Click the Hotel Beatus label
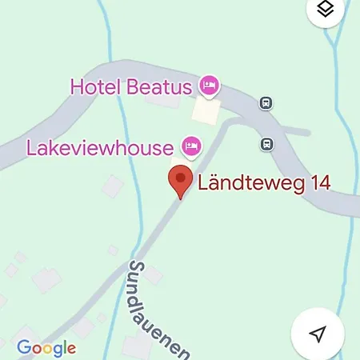click(133, 86)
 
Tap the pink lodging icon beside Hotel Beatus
click(210, 85)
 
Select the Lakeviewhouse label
click(100, 147)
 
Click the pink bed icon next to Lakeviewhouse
click(190, 146)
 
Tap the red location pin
click(181, 180)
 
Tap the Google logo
click(46, 347)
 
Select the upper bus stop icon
click(264, 102)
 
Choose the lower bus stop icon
click(265, 144)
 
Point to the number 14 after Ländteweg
click(318, 183)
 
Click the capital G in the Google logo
click(24, 347)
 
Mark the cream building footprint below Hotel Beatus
click(206, 110)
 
